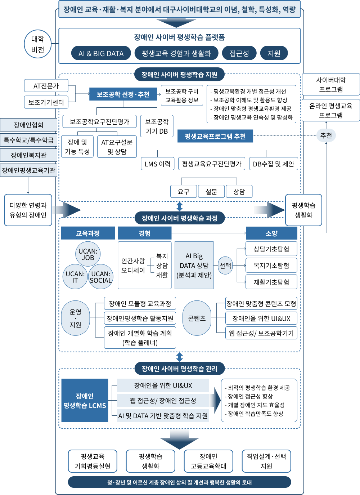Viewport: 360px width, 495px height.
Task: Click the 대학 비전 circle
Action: tap(37, 44)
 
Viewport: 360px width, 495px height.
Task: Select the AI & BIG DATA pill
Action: tap(101, 53)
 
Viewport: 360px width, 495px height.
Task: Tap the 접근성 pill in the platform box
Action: tap(239, 53)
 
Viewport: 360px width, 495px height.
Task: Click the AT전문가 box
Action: tap(46, 86)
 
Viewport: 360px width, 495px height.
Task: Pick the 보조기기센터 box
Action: tap(46, 102)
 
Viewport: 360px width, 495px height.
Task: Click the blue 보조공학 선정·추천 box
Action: tap(123, 94)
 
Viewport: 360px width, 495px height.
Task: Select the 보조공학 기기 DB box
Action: tap(157, 126)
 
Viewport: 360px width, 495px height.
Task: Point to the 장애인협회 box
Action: tap(28, 125)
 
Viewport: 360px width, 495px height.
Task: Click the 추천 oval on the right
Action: tap(326, 135)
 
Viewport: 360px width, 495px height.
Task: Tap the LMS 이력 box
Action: tap(157, 164)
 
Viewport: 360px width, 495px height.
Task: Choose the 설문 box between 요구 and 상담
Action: tap(211, 191)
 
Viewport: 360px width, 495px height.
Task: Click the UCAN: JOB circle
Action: tap(88, 254)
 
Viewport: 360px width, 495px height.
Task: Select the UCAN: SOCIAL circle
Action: tap(101, 277)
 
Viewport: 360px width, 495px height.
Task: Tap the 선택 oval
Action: tap(225, 266)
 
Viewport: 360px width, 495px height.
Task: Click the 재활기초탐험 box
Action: tap(271, 282)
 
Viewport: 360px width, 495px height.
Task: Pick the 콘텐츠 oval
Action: tap(197, 318)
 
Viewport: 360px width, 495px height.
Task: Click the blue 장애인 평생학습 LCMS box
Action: tap(85, 400)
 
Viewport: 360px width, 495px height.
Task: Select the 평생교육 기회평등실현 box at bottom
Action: tap(93, 461)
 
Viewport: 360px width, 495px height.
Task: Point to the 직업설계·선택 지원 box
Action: tap(266, 461)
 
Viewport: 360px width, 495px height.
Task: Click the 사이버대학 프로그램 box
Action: tap(330, 84)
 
